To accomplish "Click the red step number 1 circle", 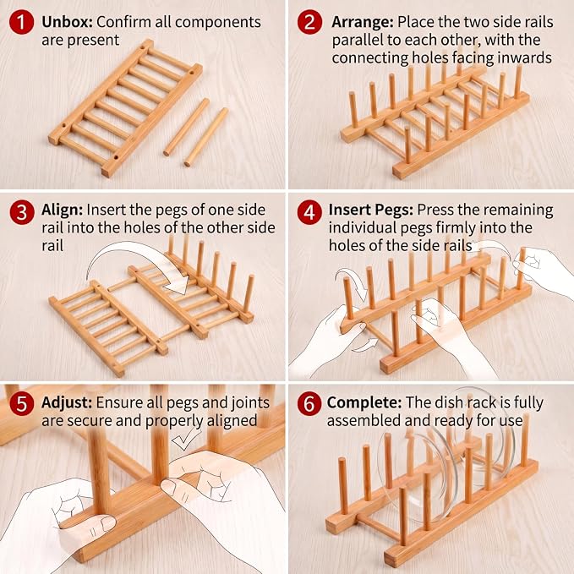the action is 22,22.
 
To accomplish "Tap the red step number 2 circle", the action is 309,22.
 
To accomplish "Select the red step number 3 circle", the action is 22,212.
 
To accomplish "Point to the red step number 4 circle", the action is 309,212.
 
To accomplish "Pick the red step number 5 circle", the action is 22,403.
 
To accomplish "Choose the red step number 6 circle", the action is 309,403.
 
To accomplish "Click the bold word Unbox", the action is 67,22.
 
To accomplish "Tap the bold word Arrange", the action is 363,22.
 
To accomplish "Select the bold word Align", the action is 63,210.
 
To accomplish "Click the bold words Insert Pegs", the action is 371,210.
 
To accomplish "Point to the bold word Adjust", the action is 67,402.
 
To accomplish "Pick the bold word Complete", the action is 364,402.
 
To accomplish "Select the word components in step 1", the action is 218,23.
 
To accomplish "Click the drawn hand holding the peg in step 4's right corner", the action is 544,271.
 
